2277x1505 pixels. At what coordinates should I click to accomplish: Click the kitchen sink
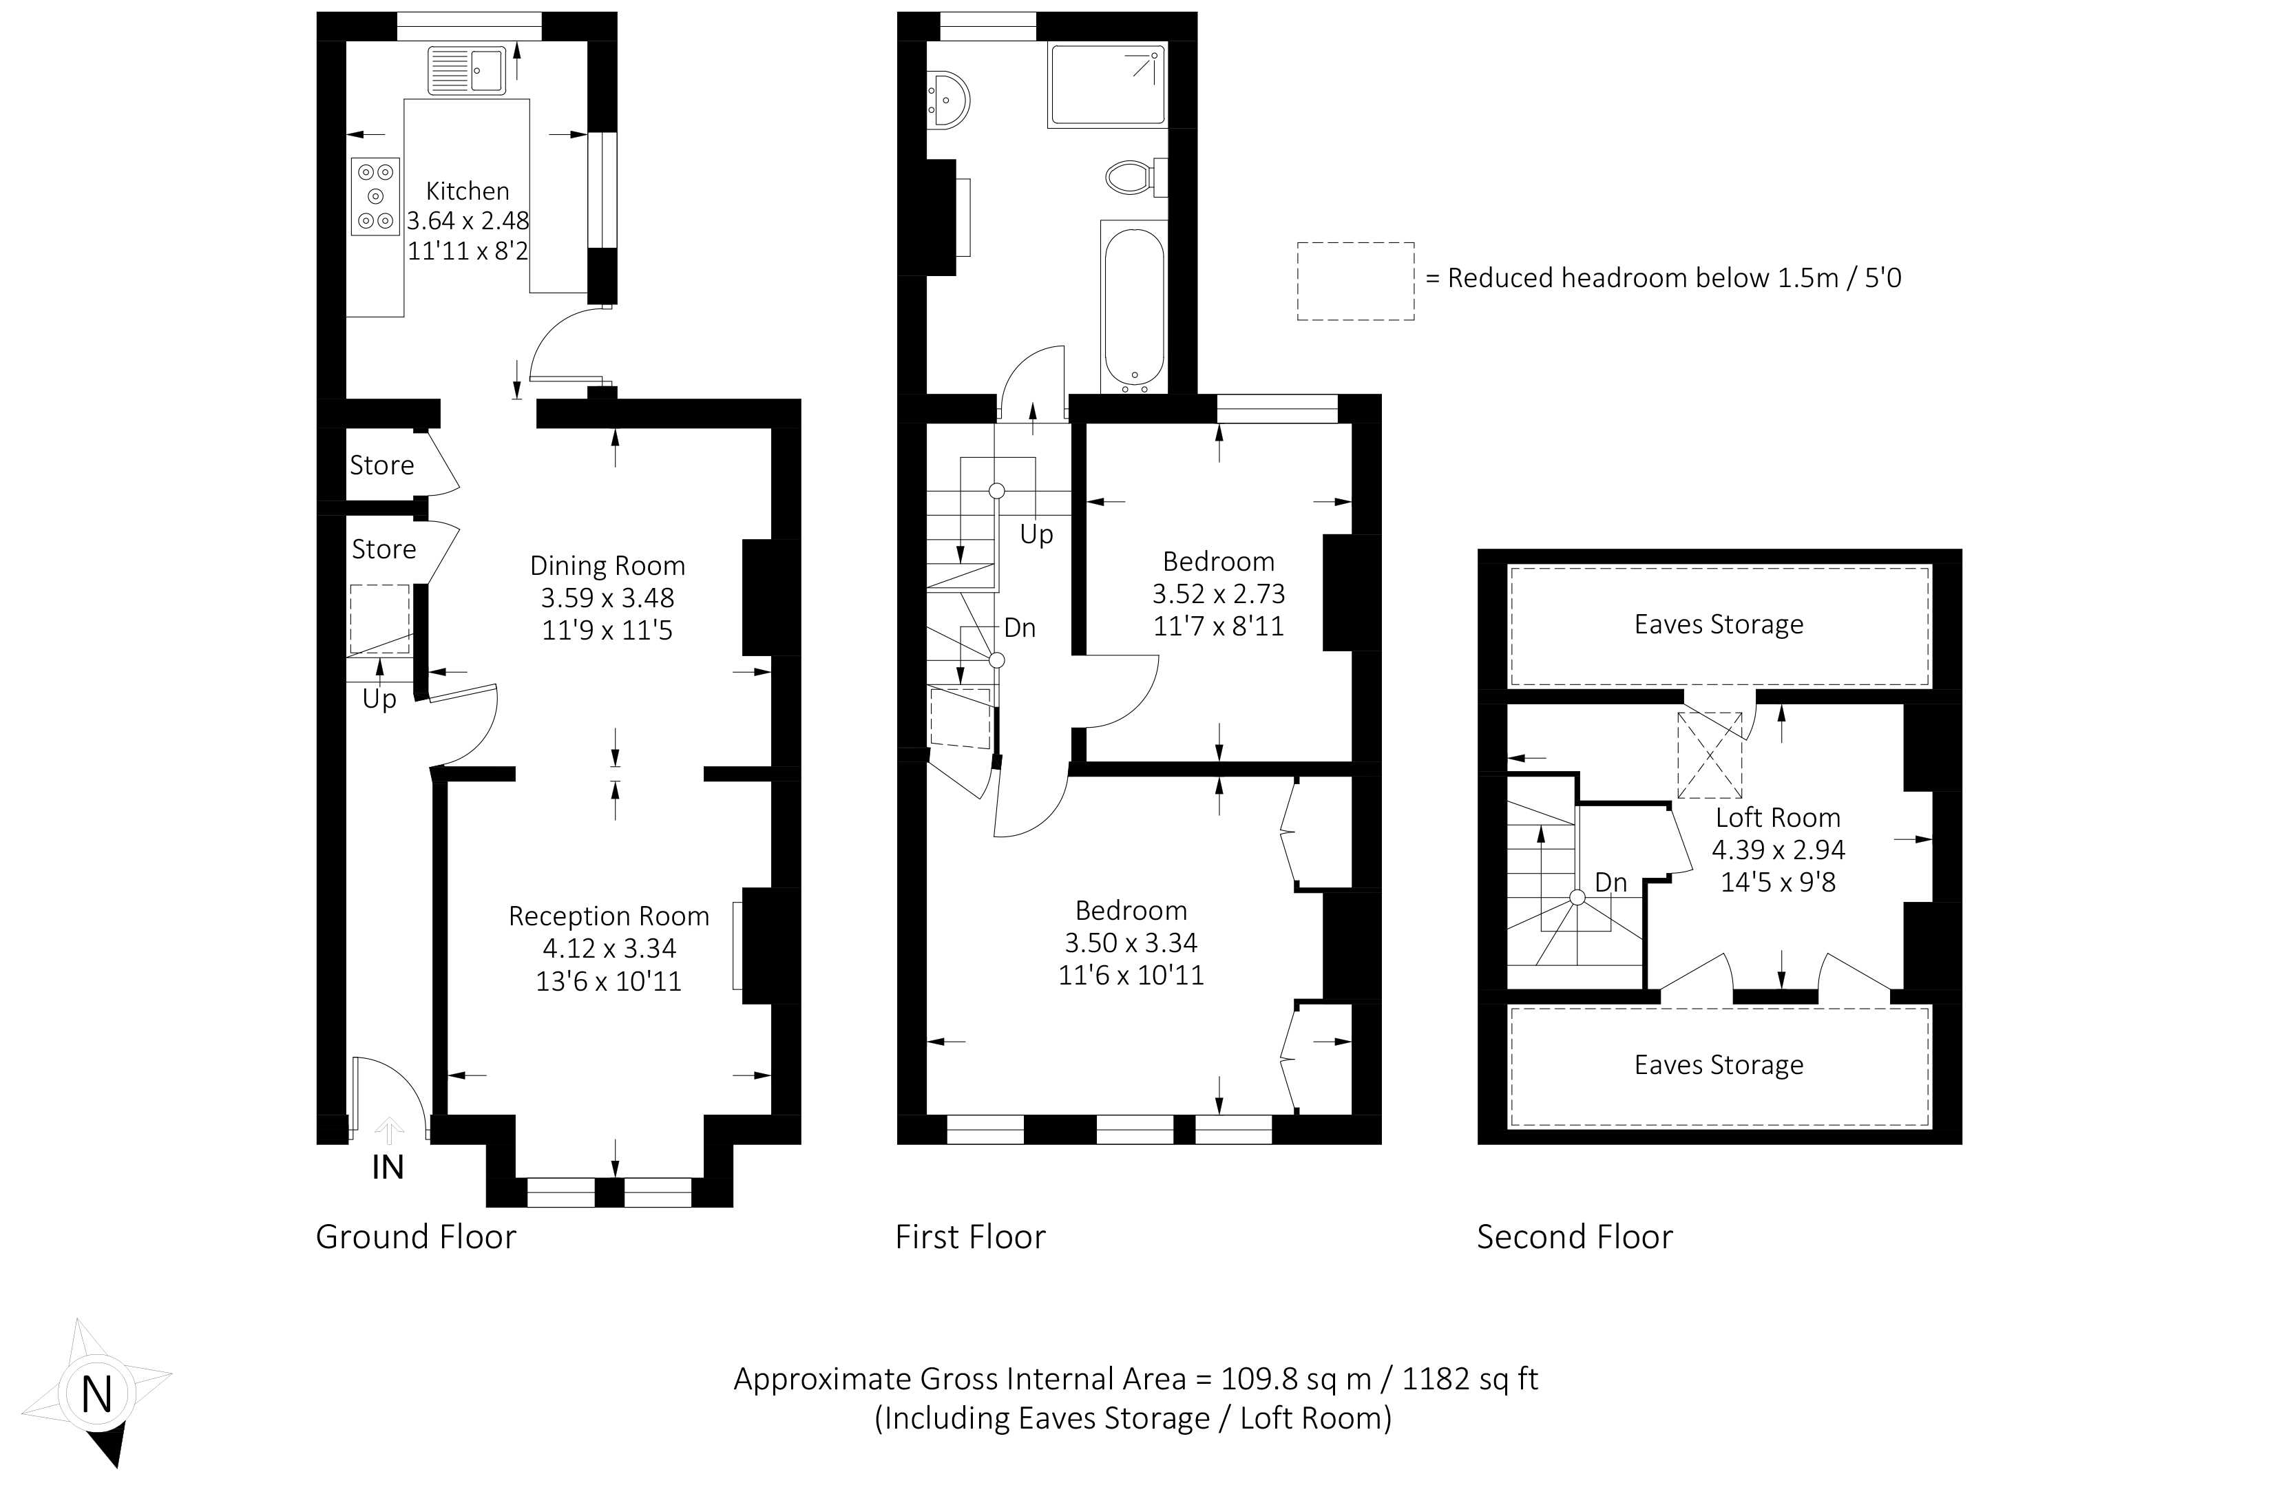click(x=467, y=70)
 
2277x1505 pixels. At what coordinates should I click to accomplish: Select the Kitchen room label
click(x=468, y=191)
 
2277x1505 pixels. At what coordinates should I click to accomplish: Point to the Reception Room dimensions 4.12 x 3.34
click(x=609, y=948)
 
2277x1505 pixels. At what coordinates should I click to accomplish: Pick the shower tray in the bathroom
click(x=1108, y=85)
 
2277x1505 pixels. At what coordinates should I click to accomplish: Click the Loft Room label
click(x=1778, y=818)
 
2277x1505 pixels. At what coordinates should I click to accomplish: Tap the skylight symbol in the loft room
click(x=1710, y=755)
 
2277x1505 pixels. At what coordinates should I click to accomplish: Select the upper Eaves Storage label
click(x=1719, y=625)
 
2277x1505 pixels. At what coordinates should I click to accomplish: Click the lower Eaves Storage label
click(x=1719, y=1064)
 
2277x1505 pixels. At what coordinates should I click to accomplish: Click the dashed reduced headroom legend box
click(x=1356, y=281)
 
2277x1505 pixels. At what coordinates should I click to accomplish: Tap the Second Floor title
click(x=1574, y=1237)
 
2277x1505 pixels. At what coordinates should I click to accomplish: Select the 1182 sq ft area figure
click(x=1469, y=1379)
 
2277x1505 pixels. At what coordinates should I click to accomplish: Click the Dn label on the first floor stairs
click(x=1020, y=628)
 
